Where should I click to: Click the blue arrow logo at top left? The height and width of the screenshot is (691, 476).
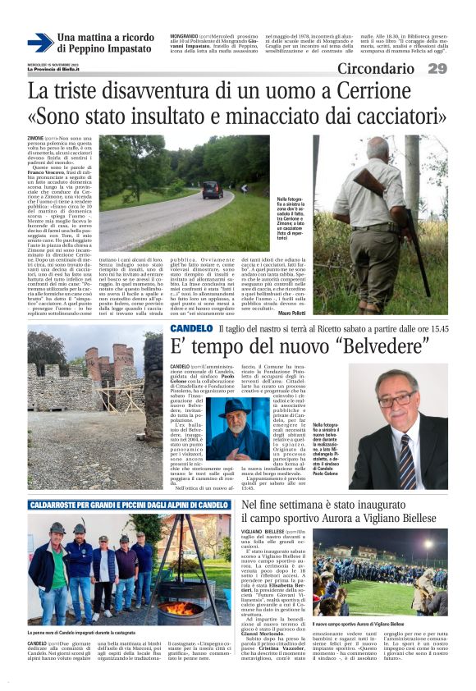click(40, 42)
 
